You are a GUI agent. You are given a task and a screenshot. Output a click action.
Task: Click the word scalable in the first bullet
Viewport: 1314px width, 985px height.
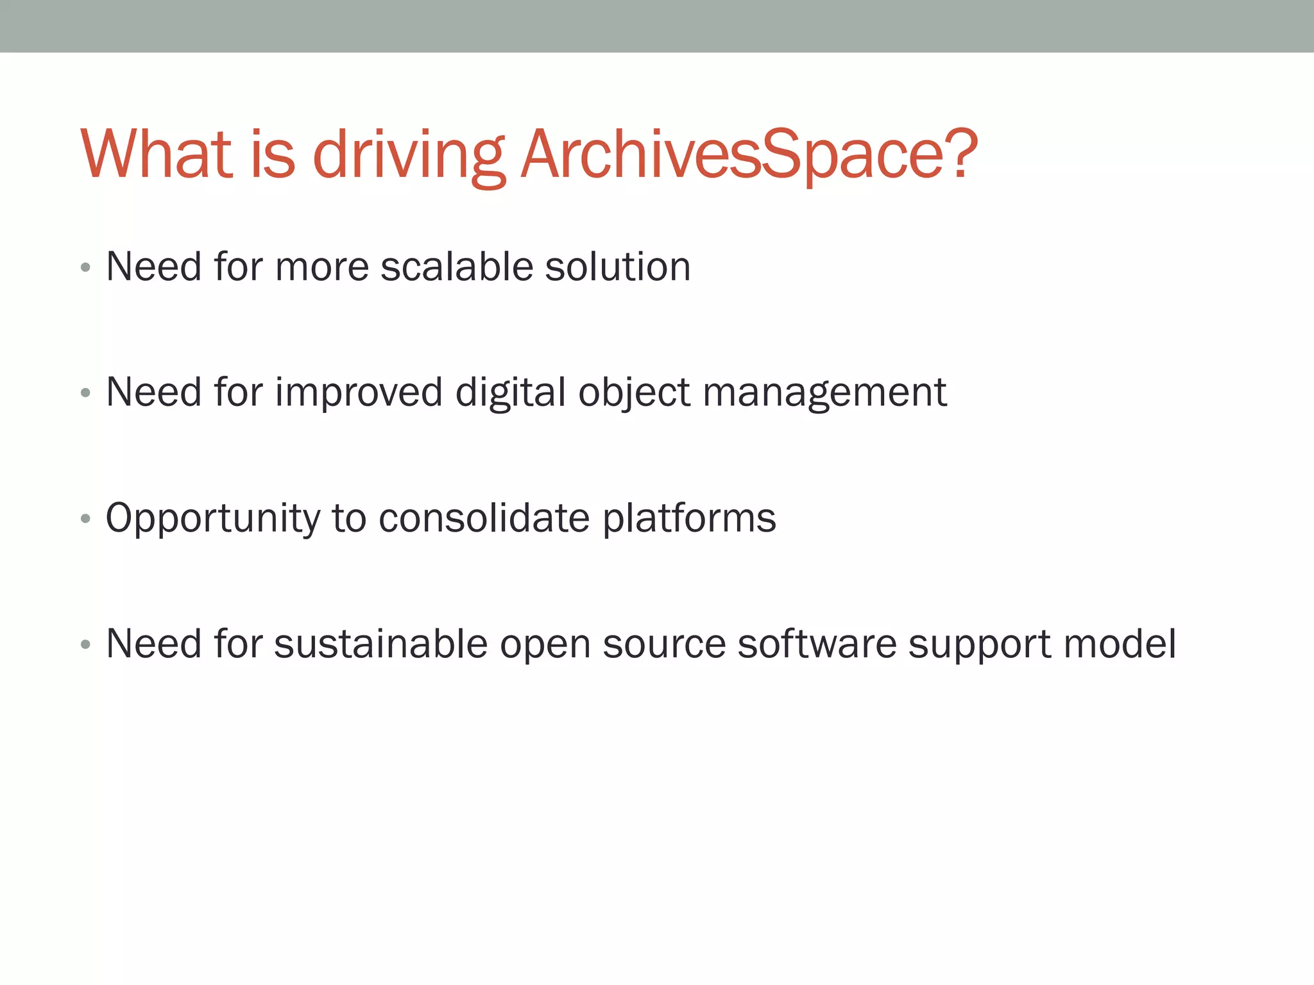click(x=456, y=266)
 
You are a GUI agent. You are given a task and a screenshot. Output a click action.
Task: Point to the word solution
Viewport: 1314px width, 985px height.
click(x=617, y=266)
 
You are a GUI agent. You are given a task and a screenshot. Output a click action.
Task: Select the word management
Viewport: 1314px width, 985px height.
click(x=824, y=392)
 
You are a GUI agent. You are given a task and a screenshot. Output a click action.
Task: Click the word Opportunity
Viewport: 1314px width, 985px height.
click(x=212, y=518)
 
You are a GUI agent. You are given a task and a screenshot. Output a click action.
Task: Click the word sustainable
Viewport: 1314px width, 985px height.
click(x=380, y=643)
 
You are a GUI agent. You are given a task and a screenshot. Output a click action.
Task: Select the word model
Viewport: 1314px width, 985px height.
click(x=1120, y=643)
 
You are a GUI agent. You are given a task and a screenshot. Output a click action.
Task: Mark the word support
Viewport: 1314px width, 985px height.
click(x=979, y=644)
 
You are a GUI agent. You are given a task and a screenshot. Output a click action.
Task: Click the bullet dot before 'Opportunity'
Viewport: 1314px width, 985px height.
click(x=85, y=519)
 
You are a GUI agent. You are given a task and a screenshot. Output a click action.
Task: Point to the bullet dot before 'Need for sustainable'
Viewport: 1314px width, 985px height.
click(x=85, y=644)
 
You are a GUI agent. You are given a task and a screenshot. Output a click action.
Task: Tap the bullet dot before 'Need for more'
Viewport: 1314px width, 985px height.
click(x=85, y=267)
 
